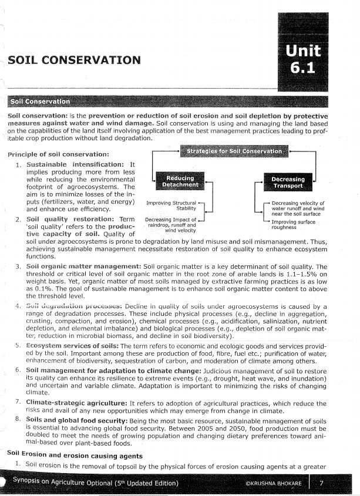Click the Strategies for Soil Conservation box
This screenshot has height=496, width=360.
coord(234,151)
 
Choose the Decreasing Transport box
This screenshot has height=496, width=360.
coord(287,183)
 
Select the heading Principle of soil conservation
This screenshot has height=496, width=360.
coord(56,154)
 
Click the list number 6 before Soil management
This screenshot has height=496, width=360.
coord(18,371)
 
